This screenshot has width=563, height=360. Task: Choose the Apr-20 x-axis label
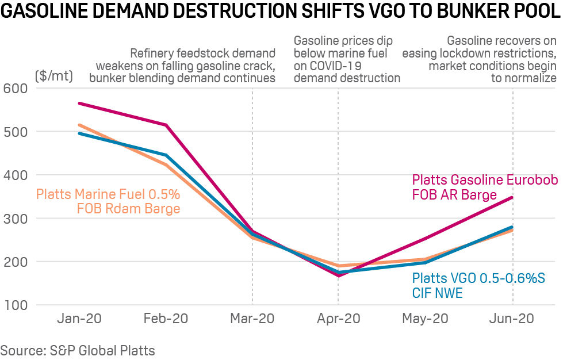click(x=338, y=318)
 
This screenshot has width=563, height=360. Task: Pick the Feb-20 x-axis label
click(x=166, y=318)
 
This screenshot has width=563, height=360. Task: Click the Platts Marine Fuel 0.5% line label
click(x=108, y=194)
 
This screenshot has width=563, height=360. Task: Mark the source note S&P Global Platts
click(x=78, y=350)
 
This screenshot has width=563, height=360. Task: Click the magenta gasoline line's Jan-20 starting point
click(x=79, y=104)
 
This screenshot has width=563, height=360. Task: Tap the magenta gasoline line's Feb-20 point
click(x=166, y=125)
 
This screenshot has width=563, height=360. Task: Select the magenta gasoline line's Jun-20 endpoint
click(x=512, y=198)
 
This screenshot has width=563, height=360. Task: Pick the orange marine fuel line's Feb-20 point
click(x=166, y=164)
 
